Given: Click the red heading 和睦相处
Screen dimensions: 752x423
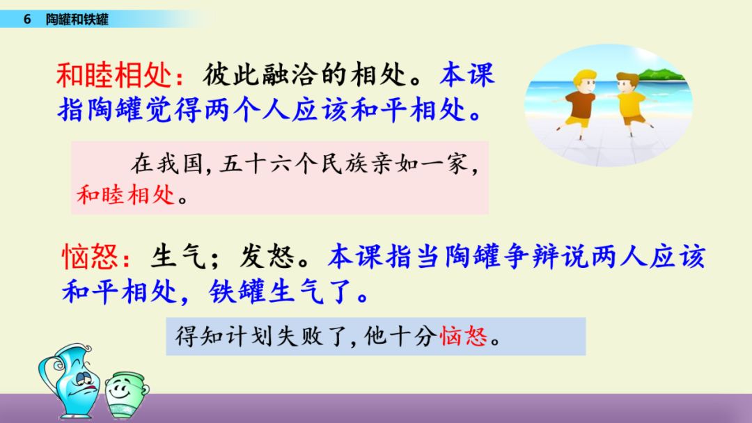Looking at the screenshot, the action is (113, 75).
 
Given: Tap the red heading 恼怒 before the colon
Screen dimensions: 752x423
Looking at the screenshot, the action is (90, 256).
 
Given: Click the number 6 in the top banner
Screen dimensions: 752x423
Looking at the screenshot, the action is (27, 19).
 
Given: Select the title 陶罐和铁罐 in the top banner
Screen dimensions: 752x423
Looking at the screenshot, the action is (77, 19).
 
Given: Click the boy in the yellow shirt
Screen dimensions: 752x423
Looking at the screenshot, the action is (629, 104).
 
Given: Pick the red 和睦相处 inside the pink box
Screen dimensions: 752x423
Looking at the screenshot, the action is (125, 195).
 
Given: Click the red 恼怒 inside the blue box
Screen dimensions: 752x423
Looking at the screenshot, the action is (463, 336).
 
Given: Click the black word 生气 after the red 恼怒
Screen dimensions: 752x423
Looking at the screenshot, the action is (178, 256).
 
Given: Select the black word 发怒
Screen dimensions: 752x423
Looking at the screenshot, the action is (267, 256).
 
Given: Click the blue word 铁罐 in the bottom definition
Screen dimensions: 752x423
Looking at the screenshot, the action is (237, 292).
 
